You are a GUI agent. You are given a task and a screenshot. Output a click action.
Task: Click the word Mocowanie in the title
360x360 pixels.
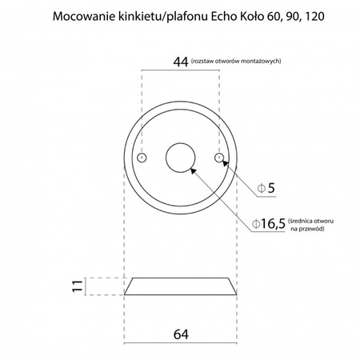pyautogui.click(x=78, y=15)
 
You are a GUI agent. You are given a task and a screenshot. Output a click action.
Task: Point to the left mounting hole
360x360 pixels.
pyautogui.click(x=142, y=158)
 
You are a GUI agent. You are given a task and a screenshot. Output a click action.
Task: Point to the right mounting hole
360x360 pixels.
pyautogui.click(x=218, y=158)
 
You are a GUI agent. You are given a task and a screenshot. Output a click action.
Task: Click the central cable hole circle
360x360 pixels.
pyautogui.click(x=180, y=157)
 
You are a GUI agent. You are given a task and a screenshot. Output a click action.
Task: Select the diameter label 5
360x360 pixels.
pyautogui.click(x=271, y=189)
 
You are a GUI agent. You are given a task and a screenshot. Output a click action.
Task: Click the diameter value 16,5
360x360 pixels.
pyautogui.click(x=270, y=223)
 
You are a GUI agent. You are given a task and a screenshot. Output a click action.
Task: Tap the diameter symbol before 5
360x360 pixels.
pyautogui.click(x=261, y=189)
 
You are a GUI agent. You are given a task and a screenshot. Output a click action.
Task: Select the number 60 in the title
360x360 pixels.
pyautogui.click(x=266, y=15)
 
